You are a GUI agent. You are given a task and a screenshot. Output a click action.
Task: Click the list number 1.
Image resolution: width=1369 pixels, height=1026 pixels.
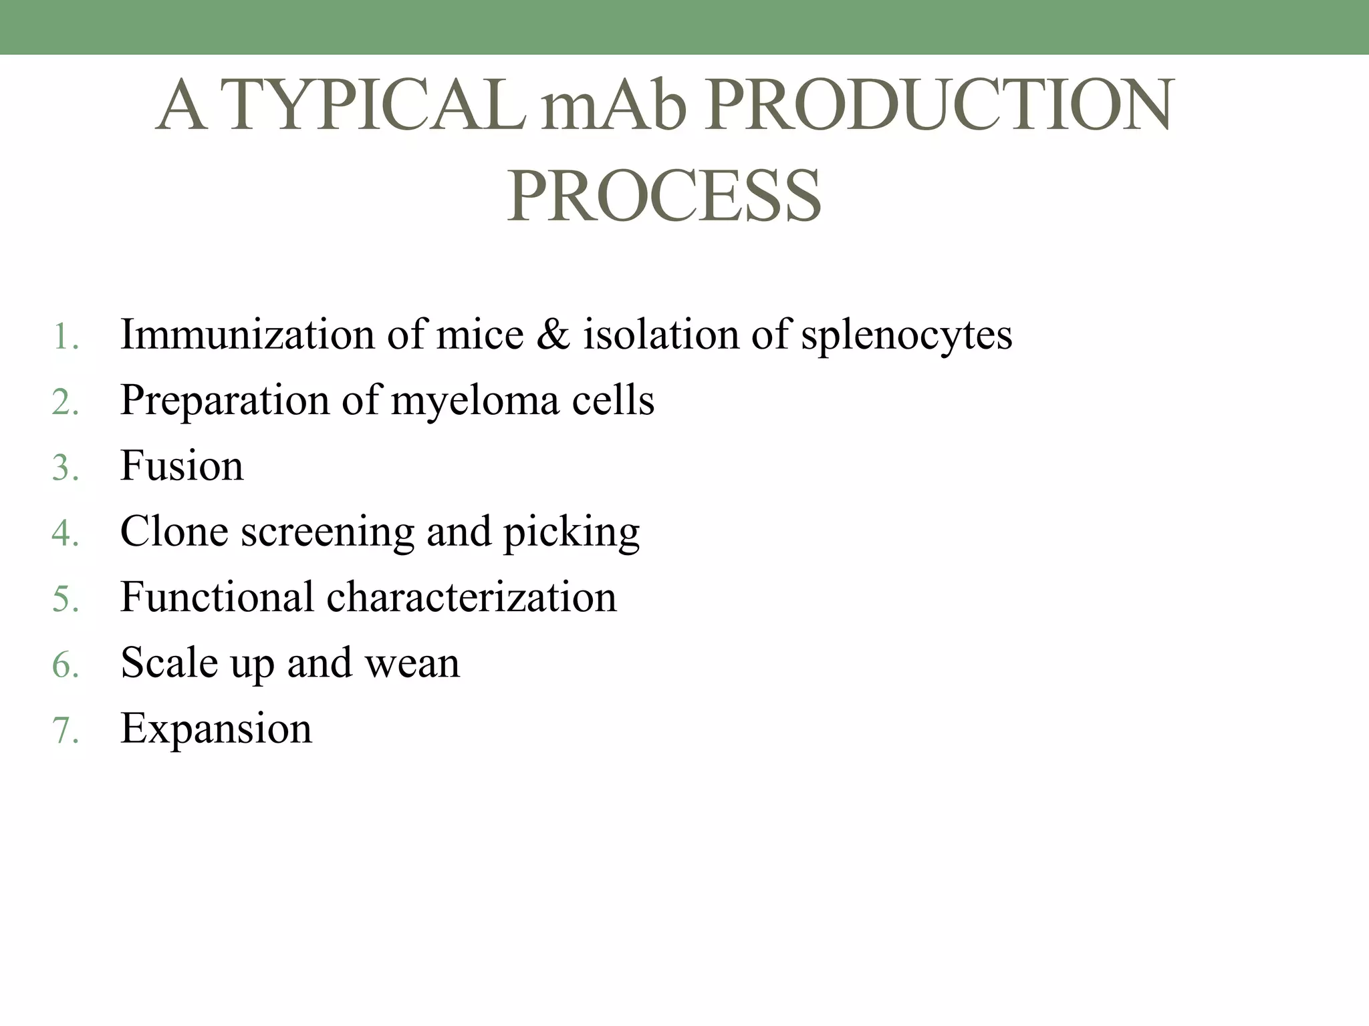click(64, 336)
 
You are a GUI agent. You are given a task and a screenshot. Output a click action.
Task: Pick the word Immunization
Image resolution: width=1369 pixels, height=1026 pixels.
click(247, 334)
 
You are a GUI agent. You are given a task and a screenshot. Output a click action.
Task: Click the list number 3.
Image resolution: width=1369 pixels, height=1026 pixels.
click(65, 467)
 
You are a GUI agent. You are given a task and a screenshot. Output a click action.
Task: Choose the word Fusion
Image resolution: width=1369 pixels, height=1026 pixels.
click(182, 466)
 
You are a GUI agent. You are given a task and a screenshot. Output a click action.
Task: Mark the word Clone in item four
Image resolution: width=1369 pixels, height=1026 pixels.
click(174, 531)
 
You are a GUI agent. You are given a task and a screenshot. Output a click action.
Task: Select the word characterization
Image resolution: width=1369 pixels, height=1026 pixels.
click(471, 596)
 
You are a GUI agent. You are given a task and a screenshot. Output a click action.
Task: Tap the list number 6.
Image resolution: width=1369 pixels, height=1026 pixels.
click(65, 665)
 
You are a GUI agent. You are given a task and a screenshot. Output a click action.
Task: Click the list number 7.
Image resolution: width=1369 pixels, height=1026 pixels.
click(65, 730)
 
